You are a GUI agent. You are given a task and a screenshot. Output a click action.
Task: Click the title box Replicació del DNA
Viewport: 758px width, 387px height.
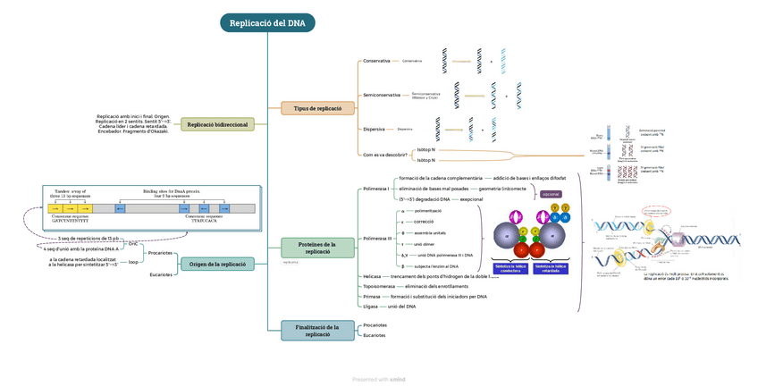[267, 23]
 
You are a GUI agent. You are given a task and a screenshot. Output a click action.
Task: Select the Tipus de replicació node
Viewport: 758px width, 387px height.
[318, 108]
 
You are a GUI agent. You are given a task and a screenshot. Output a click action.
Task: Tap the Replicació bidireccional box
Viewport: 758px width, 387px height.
[218, 124]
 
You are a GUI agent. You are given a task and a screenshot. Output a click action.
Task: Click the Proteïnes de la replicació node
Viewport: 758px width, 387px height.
[318, 248]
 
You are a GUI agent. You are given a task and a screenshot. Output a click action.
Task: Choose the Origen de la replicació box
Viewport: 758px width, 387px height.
[217, 264]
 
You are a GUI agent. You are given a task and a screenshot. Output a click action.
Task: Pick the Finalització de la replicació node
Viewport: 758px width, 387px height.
[318, 331]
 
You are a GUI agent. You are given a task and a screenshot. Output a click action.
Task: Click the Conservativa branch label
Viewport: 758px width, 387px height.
[375, 61]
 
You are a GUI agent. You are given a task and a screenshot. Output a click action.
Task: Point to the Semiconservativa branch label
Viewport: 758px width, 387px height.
[381, 95]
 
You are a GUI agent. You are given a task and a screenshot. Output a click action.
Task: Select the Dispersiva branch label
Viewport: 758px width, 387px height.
[374, 130]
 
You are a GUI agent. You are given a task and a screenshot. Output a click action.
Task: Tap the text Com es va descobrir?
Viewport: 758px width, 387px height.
[385, 155]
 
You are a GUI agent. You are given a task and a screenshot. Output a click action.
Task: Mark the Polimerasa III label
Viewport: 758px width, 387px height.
[376, 238]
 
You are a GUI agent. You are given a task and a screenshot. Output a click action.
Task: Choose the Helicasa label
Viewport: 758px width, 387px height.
[372, 277]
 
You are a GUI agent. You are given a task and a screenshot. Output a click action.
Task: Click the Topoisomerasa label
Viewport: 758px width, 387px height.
[379, 286]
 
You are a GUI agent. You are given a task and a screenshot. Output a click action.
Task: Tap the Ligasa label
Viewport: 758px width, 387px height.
[370, 306]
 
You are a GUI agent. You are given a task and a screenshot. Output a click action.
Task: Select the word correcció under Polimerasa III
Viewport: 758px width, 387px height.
[424, 221]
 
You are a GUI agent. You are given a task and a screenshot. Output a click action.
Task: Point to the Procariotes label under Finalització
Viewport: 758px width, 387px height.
[375, 325]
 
